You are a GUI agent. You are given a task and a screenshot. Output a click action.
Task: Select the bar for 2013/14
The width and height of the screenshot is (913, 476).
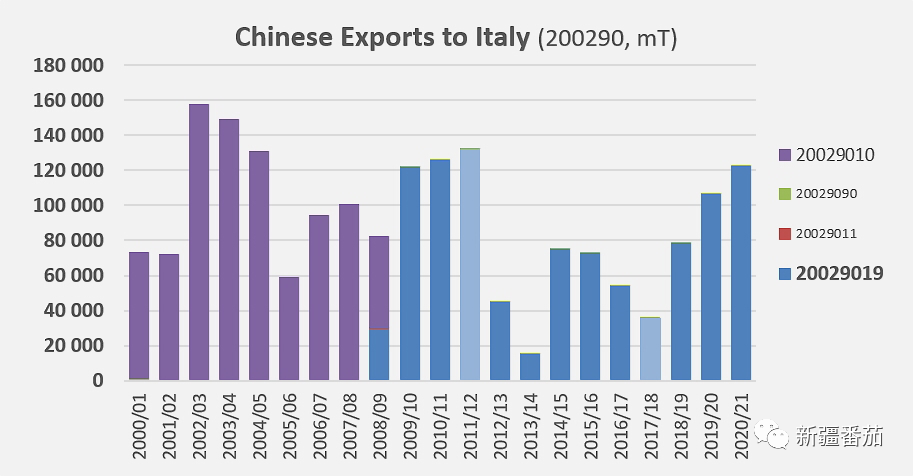(530, 367)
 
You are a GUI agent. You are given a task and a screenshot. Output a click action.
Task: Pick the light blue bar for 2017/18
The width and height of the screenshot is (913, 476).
(650, 348)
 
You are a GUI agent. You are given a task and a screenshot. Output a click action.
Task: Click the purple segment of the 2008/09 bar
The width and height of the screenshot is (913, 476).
(379, 283)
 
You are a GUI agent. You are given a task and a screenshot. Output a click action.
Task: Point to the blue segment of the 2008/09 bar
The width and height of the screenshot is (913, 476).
(379, 355)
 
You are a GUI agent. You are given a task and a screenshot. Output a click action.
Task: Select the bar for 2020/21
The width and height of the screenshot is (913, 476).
(741, 272)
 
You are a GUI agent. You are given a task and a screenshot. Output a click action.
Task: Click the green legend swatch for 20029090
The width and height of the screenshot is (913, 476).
(784, 193)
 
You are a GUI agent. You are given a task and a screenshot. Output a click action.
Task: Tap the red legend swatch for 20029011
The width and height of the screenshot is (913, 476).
(784, 233)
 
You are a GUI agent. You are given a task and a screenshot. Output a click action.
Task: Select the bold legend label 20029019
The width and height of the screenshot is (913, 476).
(839, 272)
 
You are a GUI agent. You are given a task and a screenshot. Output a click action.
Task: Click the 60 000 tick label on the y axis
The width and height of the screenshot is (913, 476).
(74, 276)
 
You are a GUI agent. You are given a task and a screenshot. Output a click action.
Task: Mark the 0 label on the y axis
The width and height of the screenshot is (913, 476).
(98, 381)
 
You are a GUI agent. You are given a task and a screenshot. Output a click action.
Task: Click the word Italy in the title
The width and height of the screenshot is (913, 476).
(500, 38)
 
